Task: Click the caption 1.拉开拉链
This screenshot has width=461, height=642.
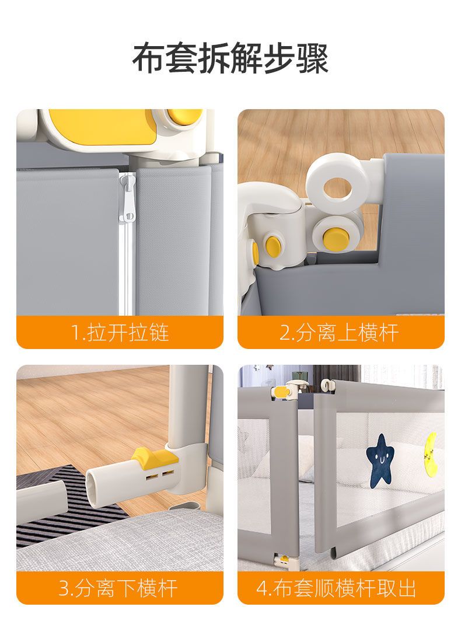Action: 120,333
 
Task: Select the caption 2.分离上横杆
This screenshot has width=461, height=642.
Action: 339,333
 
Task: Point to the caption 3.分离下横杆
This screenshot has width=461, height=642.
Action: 118,588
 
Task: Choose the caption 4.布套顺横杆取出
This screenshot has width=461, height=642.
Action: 337,588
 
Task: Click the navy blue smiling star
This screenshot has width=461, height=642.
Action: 380,461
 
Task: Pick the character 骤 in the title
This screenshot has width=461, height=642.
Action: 312,58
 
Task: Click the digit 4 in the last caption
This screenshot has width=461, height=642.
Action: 261,588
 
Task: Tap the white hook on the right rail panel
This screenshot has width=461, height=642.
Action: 326,385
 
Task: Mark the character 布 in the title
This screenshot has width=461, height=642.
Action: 149,58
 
